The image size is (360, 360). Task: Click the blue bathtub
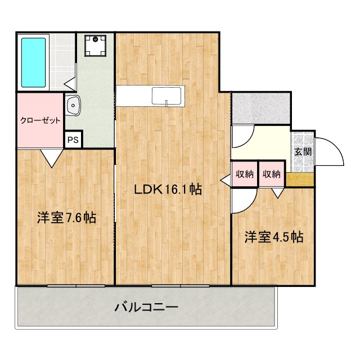pyautogui.click(x=33, y=62)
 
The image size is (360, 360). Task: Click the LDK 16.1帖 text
pyautogui.click(x=168, y=190)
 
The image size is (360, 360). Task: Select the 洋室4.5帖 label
pyautogui.click(x=273, y=237)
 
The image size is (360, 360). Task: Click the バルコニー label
pyautogui.click(x=146, y=307)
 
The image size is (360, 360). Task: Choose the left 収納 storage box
pyautogui.click(x=244, y=174)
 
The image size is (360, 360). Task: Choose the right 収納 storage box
pyautogui.click(x=272, y=174)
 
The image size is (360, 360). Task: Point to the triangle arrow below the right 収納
pyautogui.click(x=278, y=192)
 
